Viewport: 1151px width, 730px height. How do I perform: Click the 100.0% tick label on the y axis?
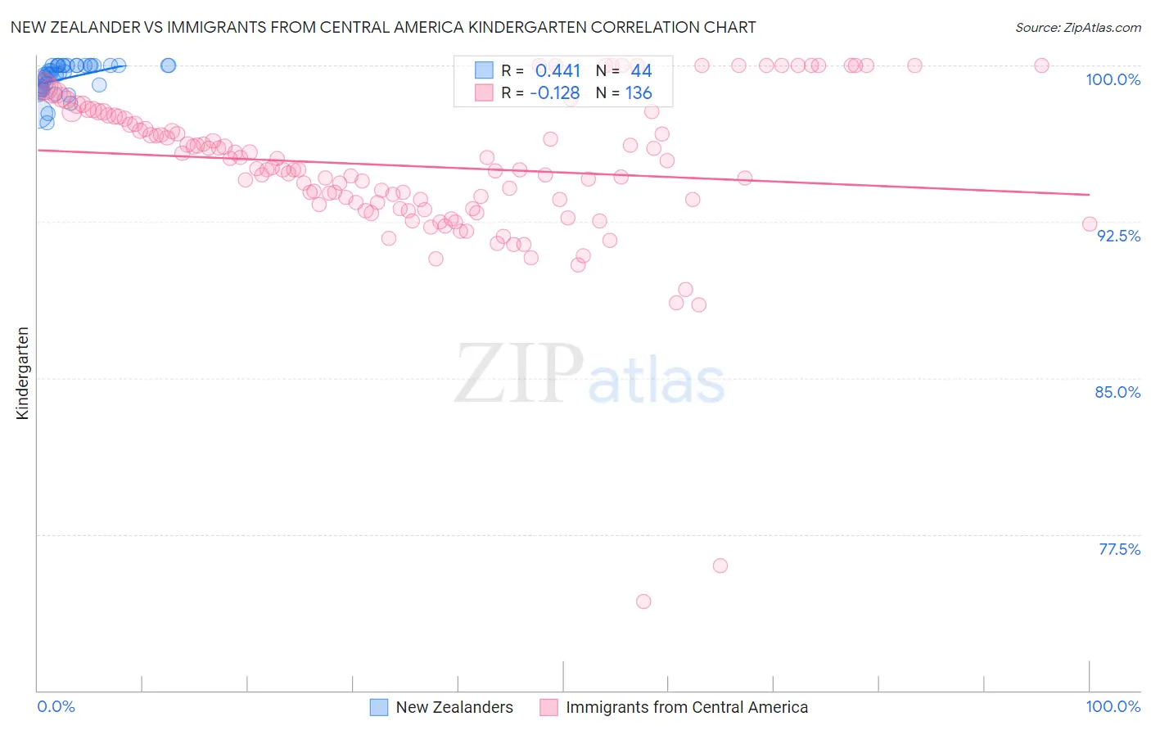pos(1113,79)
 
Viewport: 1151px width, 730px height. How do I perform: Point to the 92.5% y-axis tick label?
pos(1118,236)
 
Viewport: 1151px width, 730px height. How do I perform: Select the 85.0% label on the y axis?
pos(1117,392)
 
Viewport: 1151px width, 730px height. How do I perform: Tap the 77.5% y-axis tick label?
pos(1119,549)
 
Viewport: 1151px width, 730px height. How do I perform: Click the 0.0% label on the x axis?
pos(56,706)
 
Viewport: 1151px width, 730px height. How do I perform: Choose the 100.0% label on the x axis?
pos(1113,706)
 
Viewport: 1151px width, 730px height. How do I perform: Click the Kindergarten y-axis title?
pos(22,373)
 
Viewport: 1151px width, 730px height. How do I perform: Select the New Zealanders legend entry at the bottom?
pos(454,707)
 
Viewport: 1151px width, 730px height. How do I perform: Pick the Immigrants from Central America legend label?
pos(686,707)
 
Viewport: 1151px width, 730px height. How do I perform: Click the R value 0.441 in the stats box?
pos(557,71)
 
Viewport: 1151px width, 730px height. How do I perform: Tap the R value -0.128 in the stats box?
pos(554,93)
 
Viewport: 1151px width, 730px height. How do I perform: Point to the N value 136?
pos(639,93)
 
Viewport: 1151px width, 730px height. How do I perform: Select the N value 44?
pos(641,71)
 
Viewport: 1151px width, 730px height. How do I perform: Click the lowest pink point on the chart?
pos(643,602)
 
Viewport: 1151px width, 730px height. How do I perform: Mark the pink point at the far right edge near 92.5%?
pos(1090,224)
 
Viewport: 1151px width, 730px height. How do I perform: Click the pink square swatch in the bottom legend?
pos(548,707)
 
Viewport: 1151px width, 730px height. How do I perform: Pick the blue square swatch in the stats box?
pos(484,70)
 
